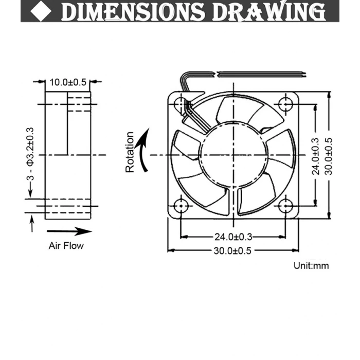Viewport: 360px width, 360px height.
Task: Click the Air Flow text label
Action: coord(66,245)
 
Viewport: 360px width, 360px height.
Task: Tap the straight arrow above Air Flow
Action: coord(68,230)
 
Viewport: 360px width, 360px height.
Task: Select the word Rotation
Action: coord(130,152)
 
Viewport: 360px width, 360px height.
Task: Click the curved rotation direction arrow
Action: coord(145,150)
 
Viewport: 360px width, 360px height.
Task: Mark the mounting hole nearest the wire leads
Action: coord(181,104)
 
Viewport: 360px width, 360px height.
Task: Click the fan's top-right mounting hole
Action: coord(285,104)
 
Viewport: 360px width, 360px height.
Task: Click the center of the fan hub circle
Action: coord(233,154)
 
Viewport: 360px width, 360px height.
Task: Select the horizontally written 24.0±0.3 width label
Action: coord(233,237)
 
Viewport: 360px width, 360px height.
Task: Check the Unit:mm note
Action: coord(311,266)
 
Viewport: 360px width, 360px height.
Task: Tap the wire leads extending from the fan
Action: coord(247,74)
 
